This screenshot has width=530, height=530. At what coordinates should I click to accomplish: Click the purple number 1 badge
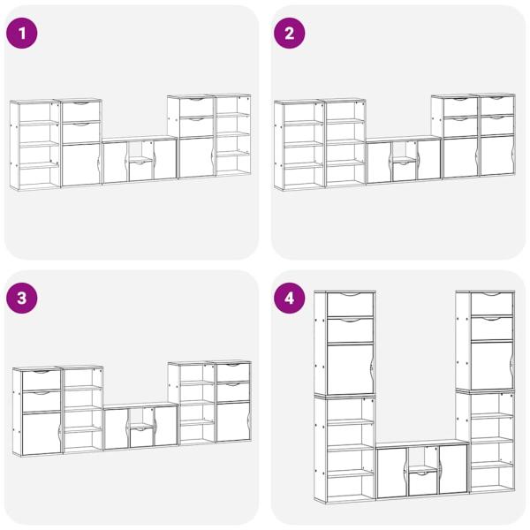[22, 34]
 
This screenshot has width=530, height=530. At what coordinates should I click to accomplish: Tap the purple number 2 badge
[290, 34]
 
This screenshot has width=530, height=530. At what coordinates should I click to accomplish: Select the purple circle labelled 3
[22, 299]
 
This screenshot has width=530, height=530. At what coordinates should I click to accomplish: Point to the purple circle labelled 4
[290, 299]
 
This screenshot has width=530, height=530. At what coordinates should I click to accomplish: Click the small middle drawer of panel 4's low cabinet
[422, 483]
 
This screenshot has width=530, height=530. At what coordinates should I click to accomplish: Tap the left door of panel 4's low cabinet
[391, 473]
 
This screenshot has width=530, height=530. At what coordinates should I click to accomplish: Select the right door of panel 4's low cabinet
[453, 469]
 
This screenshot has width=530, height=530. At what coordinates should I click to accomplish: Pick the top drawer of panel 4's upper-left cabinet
[350, 304]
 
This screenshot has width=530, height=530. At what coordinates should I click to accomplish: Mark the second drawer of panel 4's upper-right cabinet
[492, 328]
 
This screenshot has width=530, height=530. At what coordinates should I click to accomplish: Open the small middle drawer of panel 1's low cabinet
[141, 171]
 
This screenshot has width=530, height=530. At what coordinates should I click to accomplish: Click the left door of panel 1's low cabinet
[115, 163]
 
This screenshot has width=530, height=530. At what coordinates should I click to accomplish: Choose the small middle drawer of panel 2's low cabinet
[405, 171]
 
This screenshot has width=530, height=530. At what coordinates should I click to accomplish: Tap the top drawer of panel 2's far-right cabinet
[497, 105]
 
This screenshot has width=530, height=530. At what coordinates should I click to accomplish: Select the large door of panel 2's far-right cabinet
[497, 155]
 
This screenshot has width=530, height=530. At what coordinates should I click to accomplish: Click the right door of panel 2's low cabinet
[429, 160]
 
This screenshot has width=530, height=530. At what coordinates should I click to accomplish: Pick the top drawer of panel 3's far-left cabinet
[42, 380]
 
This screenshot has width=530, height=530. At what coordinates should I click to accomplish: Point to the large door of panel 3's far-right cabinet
[233, 421]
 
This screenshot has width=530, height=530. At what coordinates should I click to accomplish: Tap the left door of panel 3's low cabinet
[116, 428]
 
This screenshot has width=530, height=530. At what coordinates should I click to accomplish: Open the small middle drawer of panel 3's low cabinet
[141, 437]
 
